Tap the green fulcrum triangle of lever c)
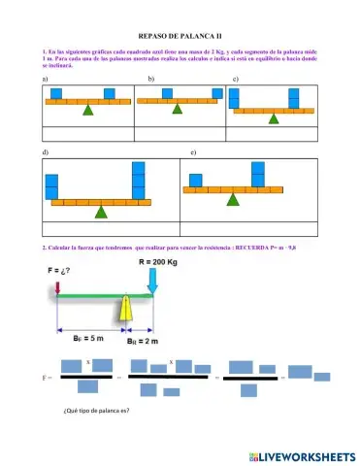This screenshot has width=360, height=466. [273, 118]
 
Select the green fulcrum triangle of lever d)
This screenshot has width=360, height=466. [100, 211]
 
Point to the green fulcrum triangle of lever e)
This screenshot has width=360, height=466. [232, 198]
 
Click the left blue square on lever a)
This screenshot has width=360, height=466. [57, 92]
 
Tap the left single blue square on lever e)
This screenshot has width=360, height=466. [196, 180]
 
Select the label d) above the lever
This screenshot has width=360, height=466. [46, 154]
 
